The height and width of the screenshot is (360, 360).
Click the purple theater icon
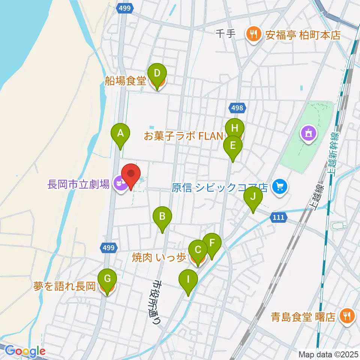(120, 184)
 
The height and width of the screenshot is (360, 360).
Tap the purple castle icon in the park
(309, 133)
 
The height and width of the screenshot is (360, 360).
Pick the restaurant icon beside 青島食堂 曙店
(345, 316)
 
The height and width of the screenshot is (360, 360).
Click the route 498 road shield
(237, 108)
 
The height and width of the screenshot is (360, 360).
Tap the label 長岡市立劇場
(79, 184)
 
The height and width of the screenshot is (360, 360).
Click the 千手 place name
(226, 34)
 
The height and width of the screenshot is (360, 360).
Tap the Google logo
(25, 351)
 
